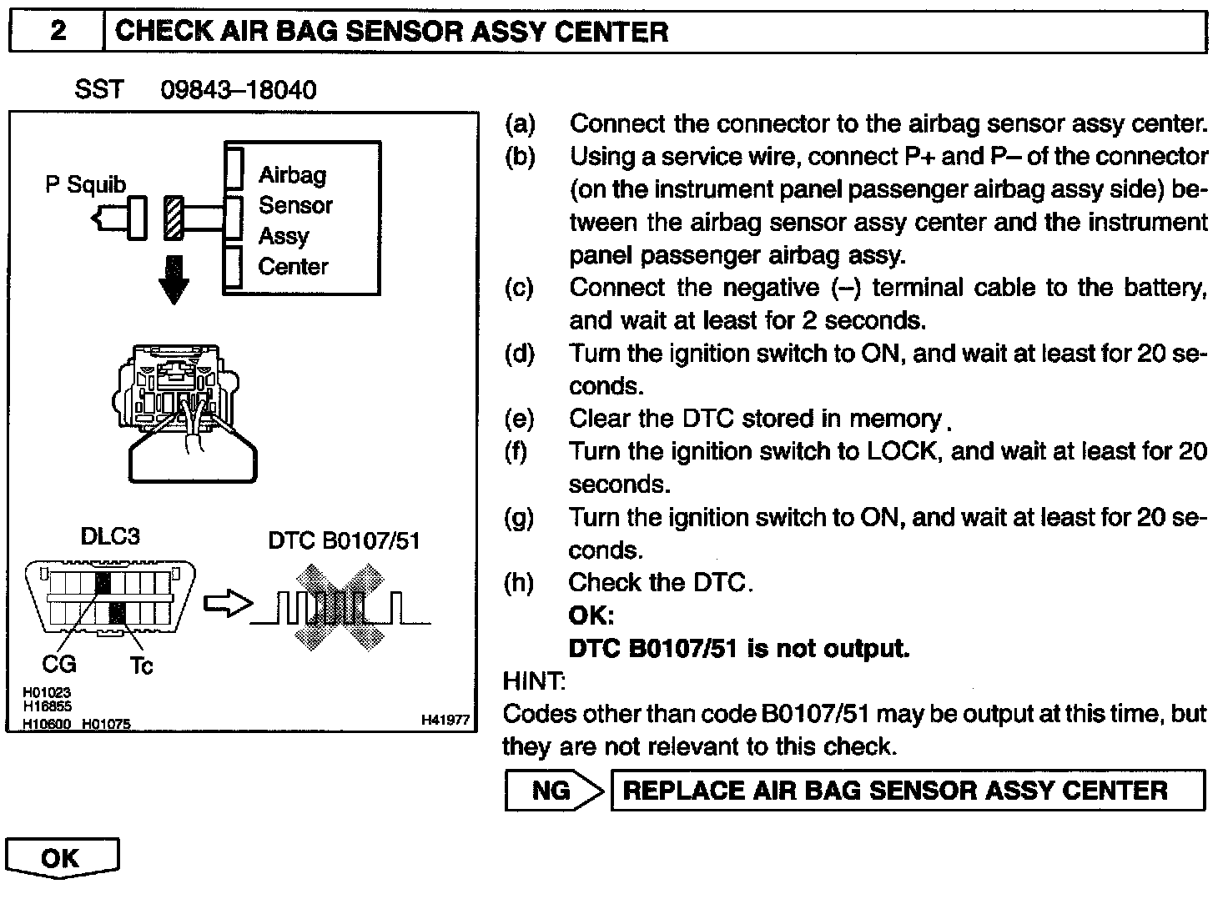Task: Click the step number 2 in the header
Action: click(x=57, y=32)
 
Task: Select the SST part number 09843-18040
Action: click(x=238, y=90)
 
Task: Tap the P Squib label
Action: click(x=85, y=184)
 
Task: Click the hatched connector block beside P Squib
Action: click(x=174, y=218)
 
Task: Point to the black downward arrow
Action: click(x=174, y=279)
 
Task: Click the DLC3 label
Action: click(x=110, y=536)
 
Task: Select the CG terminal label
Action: click(x=58, y=664)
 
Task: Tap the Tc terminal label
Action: click(x=141, y=665)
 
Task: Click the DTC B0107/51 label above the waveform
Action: click(x=344, y=540)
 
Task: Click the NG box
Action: click(x=551, y=791)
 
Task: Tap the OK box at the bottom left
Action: click(x=61, y=857)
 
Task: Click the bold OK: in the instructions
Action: click(x=591, y=615)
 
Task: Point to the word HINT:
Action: click(x=534, y=681)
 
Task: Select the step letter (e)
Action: click(x=520, y=419)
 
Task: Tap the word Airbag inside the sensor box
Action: click(x=292, y=175)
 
